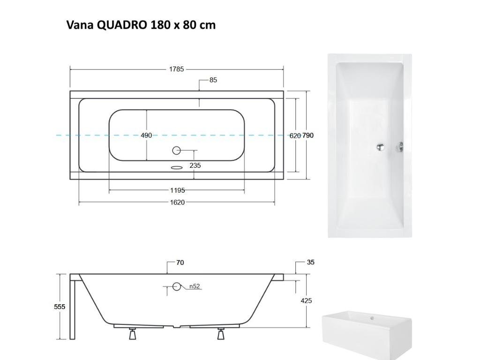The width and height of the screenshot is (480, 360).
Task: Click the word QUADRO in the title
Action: pyautogui.click(x=122, y=25)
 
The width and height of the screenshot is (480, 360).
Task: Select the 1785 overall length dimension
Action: pyautogui.click(x=176, y=69)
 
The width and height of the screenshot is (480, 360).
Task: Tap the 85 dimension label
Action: pyautogui.click(x=213, y=80)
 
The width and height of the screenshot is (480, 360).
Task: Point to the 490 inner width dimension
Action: pyautogui.click(x=146, y=135)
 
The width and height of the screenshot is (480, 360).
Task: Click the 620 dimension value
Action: pyautogui.click(x=295, y=135)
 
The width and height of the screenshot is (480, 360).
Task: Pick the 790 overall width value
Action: pyautogui.click(x=308, y=135)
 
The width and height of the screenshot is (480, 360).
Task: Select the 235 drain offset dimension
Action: pyautogui.click(x=195, y=165)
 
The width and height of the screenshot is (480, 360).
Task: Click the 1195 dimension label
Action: pyautogui.click(x=177, y=190)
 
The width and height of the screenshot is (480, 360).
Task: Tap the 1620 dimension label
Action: pyautogui.click(x=177, y=202)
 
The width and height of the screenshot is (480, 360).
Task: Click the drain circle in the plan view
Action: pyautogui.click(x=177, y=150)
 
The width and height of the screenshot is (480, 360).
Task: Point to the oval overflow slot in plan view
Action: pyautogui.click(x=177, y=166)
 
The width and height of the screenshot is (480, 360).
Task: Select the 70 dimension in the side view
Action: pyautogui.click(x=180, y=263)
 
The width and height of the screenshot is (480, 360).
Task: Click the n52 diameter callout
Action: pyautogui.click(x=195, y=286)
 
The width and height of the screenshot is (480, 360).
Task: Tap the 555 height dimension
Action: pyautogui.click(x=60, y=307)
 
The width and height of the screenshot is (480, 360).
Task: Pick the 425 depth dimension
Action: pyautogui.click(x=306, y=300)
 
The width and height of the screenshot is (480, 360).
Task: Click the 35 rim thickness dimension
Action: pyautogui.click(x=310, y=262)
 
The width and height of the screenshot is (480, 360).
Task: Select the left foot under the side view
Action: pyautogui.click(x=133, y=334)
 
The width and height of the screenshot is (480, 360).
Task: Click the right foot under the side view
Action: pyautogui.click(x=220, y=334)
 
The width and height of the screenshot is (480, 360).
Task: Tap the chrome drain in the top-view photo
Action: pyautogui.click(x=381, y=147)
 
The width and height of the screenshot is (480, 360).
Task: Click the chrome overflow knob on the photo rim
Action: pyautogui.click(x=400, y=147)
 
